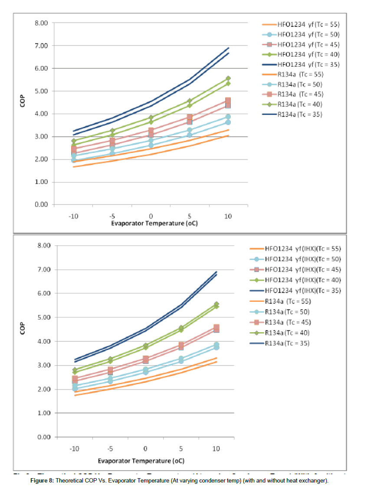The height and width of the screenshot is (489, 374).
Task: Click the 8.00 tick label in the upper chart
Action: (41, 23)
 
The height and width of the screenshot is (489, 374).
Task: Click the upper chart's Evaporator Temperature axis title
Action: (150, 224)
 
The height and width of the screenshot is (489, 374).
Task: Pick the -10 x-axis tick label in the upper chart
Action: (73, 216)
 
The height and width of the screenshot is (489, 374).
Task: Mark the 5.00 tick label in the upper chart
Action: (41, 91)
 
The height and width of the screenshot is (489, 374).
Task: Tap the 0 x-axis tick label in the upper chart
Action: (151, 216)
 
